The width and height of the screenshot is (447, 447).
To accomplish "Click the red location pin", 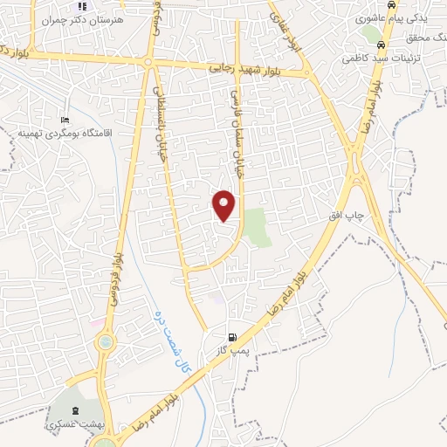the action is pos(225,204).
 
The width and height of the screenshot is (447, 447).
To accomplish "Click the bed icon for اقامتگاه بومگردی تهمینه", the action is pos(64,120).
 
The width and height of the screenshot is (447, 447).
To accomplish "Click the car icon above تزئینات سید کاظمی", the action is pos(382,45).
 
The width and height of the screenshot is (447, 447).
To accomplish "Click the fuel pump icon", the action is pos(231,337).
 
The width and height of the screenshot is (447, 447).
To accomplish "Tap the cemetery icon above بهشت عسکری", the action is pos(74,410).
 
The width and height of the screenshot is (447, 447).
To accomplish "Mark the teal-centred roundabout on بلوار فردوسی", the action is pos(106,343).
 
